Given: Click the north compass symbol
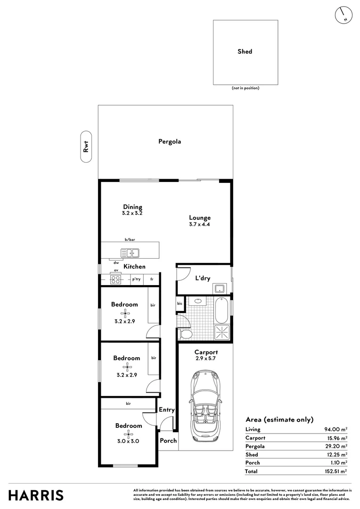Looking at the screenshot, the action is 344,15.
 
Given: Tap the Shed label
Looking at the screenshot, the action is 245,51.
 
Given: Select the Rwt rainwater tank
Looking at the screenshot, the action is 86,147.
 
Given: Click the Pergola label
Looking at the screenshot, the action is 170,141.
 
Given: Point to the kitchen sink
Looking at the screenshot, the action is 130,253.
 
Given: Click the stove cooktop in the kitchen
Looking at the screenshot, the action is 115,279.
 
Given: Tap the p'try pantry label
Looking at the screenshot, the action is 136,279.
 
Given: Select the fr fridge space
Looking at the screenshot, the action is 152,279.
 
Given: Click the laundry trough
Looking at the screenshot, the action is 220,288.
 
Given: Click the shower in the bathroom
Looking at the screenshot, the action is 222,332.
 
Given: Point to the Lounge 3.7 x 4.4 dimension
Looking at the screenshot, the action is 200,224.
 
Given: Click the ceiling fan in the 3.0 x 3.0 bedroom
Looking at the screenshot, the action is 129,434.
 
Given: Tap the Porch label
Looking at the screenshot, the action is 168,441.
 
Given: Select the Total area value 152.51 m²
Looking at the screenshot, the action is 336,471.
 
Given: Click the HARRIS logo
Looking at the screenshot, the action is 36,495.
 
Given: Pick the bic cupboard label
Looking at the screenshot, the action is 180,304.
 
